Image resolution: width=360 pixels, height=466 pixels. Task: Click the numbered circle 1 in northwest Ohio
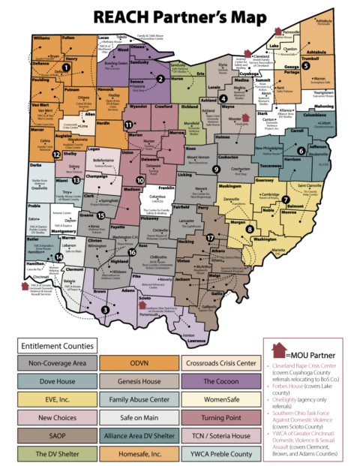point(66,67)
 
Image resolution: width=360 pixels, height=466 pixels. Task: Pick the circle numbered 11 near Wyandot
point(128,125)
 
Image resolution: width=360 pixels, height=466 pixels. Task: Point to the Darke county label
point(35,164)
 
